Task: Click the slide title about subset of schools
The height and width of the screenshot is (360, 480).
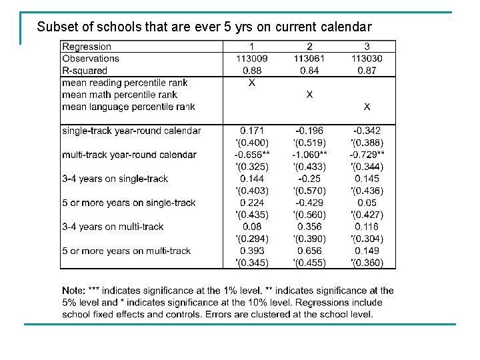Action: click(x=204, y=27)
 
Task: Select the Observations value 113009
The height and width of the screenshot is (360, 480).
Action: click(x=252, y=59)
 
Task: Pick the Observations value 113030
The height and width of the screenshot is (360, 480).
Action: click(x=367, y=59)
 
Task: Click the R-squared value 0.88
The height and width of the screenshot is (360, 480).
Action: click(x=252, y=71)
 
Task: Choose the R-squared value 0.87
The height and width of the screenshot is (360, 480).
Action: click(x=367, y=71)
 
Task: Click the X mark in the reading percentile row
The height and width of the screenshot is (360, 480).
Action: click(x=252, y=83)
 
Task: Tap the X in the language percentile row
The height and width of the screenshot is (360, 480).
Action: click(x=367, y=107)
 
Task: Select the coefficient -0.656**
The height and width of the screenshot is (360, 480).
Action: click(x=252, y=155)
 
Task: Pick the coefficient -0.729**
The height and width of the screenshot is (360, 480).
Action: click(x=367, y=155)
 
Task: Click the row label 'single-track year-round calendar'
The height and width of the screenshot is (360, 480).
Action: click(x=131, y=131)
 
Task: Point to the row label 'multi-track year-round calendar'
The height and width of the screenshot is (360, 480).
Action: click(x=129, y=155)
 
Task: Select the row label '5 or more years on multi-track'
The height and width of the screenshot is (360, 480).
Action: click(x=126, y=251)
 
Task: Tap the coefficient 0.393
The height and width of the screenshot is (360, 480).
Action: click(x=252, y=251)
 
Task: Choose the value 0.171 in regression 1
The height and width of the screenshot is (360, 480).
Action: click(x=252, y=131)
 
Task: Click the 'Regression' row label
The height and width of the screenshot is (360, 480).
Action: click(x=87, y=47)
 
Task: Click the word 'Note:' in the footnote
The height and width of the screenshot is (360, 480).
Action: click(x=73, y=291)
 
